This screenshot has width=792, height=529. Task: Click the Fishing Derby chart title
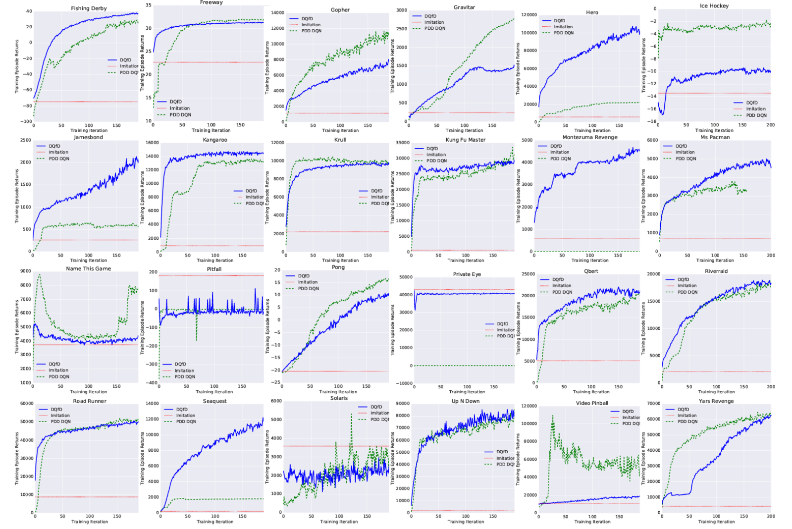pyautogui.click(x=89, y=8)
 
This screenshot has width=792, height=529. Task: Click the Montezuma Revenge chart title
pyautogui.click(x=590, y=137)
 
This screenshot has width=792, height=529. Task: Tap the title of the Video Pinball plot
pyautogui.click(x=592, y=403)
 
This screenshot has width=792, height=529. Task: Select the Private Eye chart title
pyautogui.click(x=467, y=274)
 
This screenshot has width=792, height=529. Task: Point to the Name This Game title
pyautogui.click(x=89, y=268)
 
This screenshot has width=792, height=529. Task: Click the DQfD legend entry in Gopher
pyautogui.click(x=307, y=19)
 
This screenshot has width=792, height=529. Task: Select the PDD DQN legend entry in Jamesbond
pyautogui.click(x=59, y=159)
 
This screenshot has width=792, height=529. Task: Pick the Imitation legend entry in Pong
pyautogui.click(x=308, y=282)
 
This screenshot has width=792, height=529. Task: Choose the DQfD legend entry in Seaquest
pyautogui.click(x=182, y=410)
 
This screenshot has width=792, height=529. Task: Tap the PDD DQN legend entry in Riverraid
pyautogui.click(x=687, y=292)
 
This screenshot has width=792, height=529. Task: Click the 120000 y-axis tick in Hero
pyautogui.click(x=528, y=15)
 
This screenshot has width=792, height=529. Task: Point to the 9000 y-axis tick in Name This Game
pyautogui.click(x=25, y=271)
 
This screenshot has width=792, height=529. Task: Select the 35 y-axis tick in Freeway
pyautogui.click(x=149, y=5)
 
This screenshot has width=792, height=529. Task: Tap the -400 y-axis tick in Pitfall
pyautogui.click(x=151, y=383)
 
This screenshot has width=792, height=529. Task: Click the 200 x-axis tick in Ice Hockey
pyautogui.click(x=770, y=125)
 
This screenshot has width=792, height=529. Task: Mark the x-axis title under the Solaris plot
pyautogui.click(x=339, y=522)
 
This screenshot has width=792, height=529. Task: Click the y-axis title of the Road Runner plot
pyautogui.click(x=17, y=458)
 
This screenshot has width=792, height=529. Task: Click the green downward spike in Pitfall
pyautogui.click(x=197, y=339)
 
